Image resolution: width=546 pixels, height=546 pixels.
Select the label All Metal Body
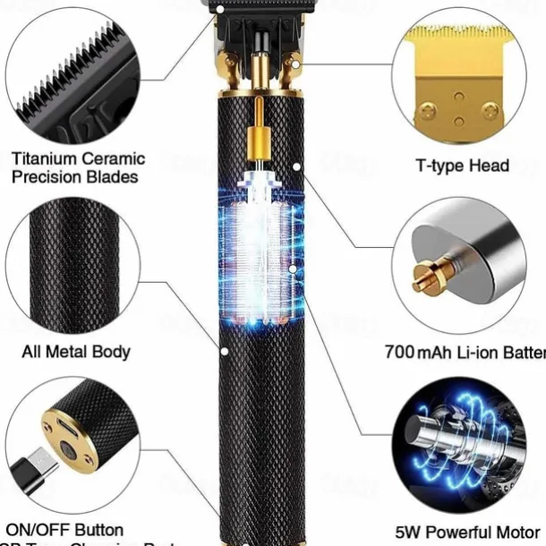tap(76, 351)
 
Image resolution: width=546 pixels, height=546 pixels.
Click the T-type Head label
tap(463, 165)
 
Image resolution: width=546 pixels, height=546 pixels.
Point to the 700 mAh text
tap(416, 352)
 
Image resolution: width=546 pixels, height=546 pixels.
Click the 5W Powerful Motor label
tap(466, 531)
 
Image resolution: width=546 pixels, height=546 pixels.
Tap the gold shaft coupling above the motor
tap(259, 139)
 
